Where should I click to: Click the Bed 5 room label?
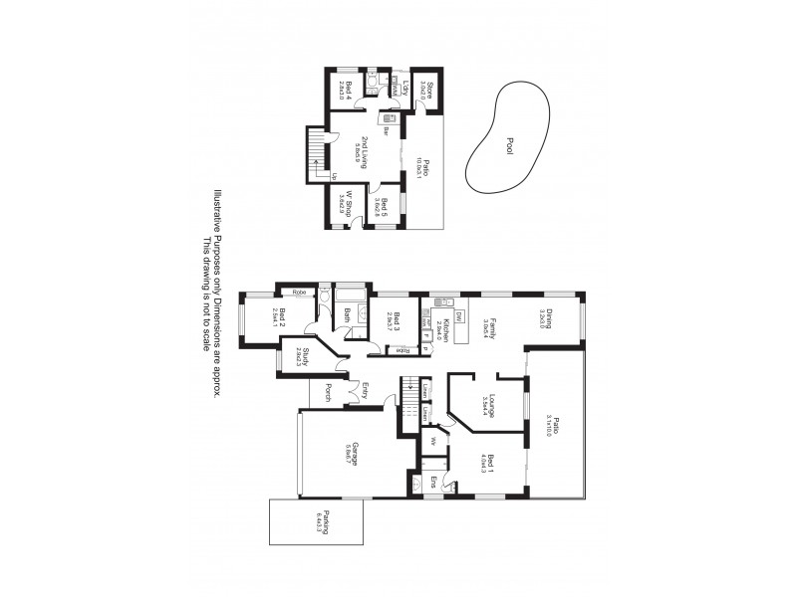click(382, 207)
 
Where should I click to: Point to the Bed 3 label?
click(397, 321)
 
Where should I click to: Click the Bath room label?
click(348, 315)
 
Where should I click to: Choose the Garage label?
click(351, 453)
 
